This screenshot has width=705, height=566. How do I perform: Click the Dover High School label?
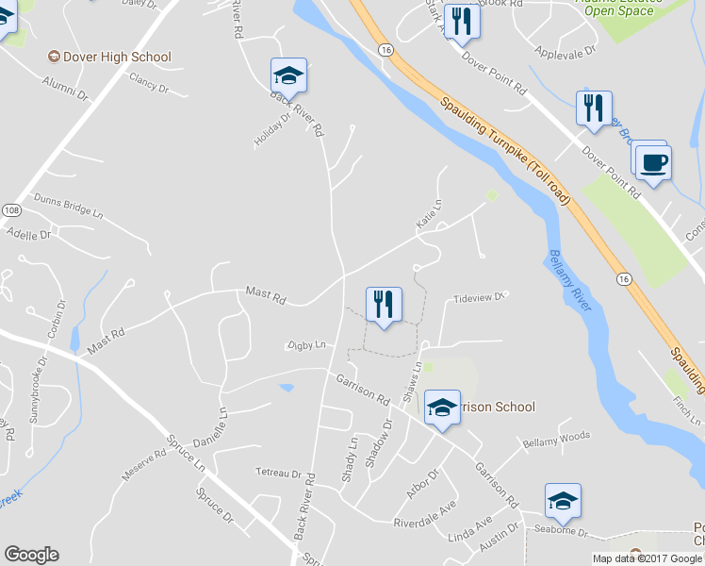(117, 57)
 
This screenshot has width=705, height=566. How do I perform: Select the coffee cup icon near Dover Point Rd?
(651, 162)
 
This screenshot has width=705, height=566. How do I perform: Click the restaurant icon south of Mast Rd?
(384, 304)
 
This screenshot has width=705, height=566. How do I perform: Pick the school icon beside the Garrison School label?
(441, 408)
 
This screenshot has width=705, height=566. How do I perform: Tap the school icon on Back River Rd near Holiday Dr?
(288, 75)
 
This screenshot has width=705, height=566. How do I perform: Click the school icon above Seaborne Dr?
(562, 501)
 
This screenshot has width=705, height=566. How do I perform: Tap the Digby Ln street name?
(304, 345)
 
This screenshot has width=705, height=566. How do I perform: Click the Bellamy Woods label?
(556, 439)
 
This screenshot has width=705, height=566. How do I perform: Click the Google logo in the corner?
(30, 555)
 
